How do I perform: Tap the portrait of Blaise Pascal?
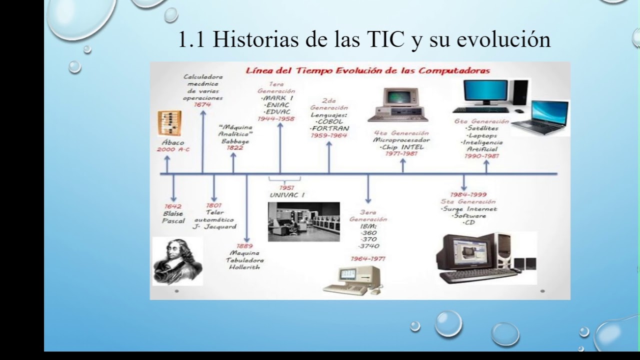coord(177,261)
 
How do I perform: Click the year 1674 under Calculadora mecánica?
coord(202,105)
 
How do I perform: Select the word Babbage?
coord(235,141)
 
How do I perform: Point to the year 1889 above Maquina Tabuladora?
coord(244,246)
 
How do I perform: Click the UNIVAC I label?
coord(287,195)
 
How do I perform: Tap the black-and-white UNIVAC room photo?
coord(303,221)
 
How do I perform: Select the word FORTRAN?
coord(329,128)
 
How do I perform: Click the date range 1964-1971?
coord(368,259)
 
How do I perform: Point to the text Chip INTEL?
coord(402,147)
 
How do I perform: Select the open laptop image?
coord(540,118)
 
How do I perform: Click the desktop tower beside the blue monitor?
coord(520,92)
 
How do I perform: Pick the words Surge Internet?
coord(469,209)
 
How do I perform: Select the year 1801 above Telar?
coord(213,205)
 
